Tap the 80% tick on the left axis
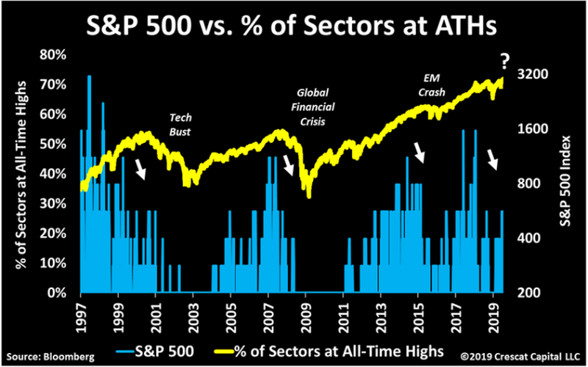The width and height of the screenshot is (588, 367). click(55, 54)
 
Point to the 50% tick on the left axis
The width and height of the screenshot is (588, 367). click(55, 144)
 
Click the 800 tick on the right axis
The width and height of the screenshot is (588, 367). click(535, 183)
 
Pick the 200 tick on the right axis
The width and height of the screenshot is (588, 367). click(535, 293)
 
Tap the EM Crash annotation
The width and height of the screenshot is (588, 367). click(431, 85)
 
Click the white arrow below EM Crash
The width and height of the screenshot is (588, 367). click(419, 152)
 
